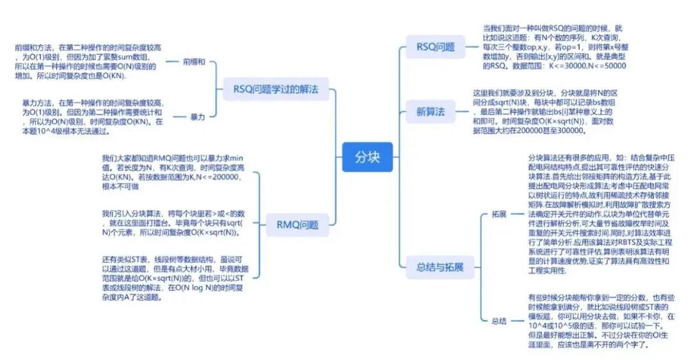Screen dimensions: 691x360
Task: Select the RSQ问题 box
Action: point(435,47)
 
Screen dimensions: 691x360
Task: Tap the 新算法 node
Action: point(430,112)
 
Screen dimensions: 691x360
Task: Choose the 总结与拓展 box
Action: point(440,267)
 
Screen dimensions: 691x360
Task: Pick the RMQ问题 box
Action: point(298,224)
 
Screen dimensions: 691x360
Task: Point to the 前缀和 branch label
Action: point(194,62)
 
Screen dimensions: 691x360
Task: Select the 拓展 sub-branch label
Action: point(499,214)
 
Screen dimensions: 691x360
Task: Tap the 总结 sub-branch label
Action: point(499,320)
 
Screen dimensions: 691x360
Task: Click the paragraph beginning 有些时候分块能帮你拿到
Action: point(600,320)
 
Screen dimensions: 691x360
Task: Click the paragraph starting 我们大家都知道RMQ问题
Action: point(172,173)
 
